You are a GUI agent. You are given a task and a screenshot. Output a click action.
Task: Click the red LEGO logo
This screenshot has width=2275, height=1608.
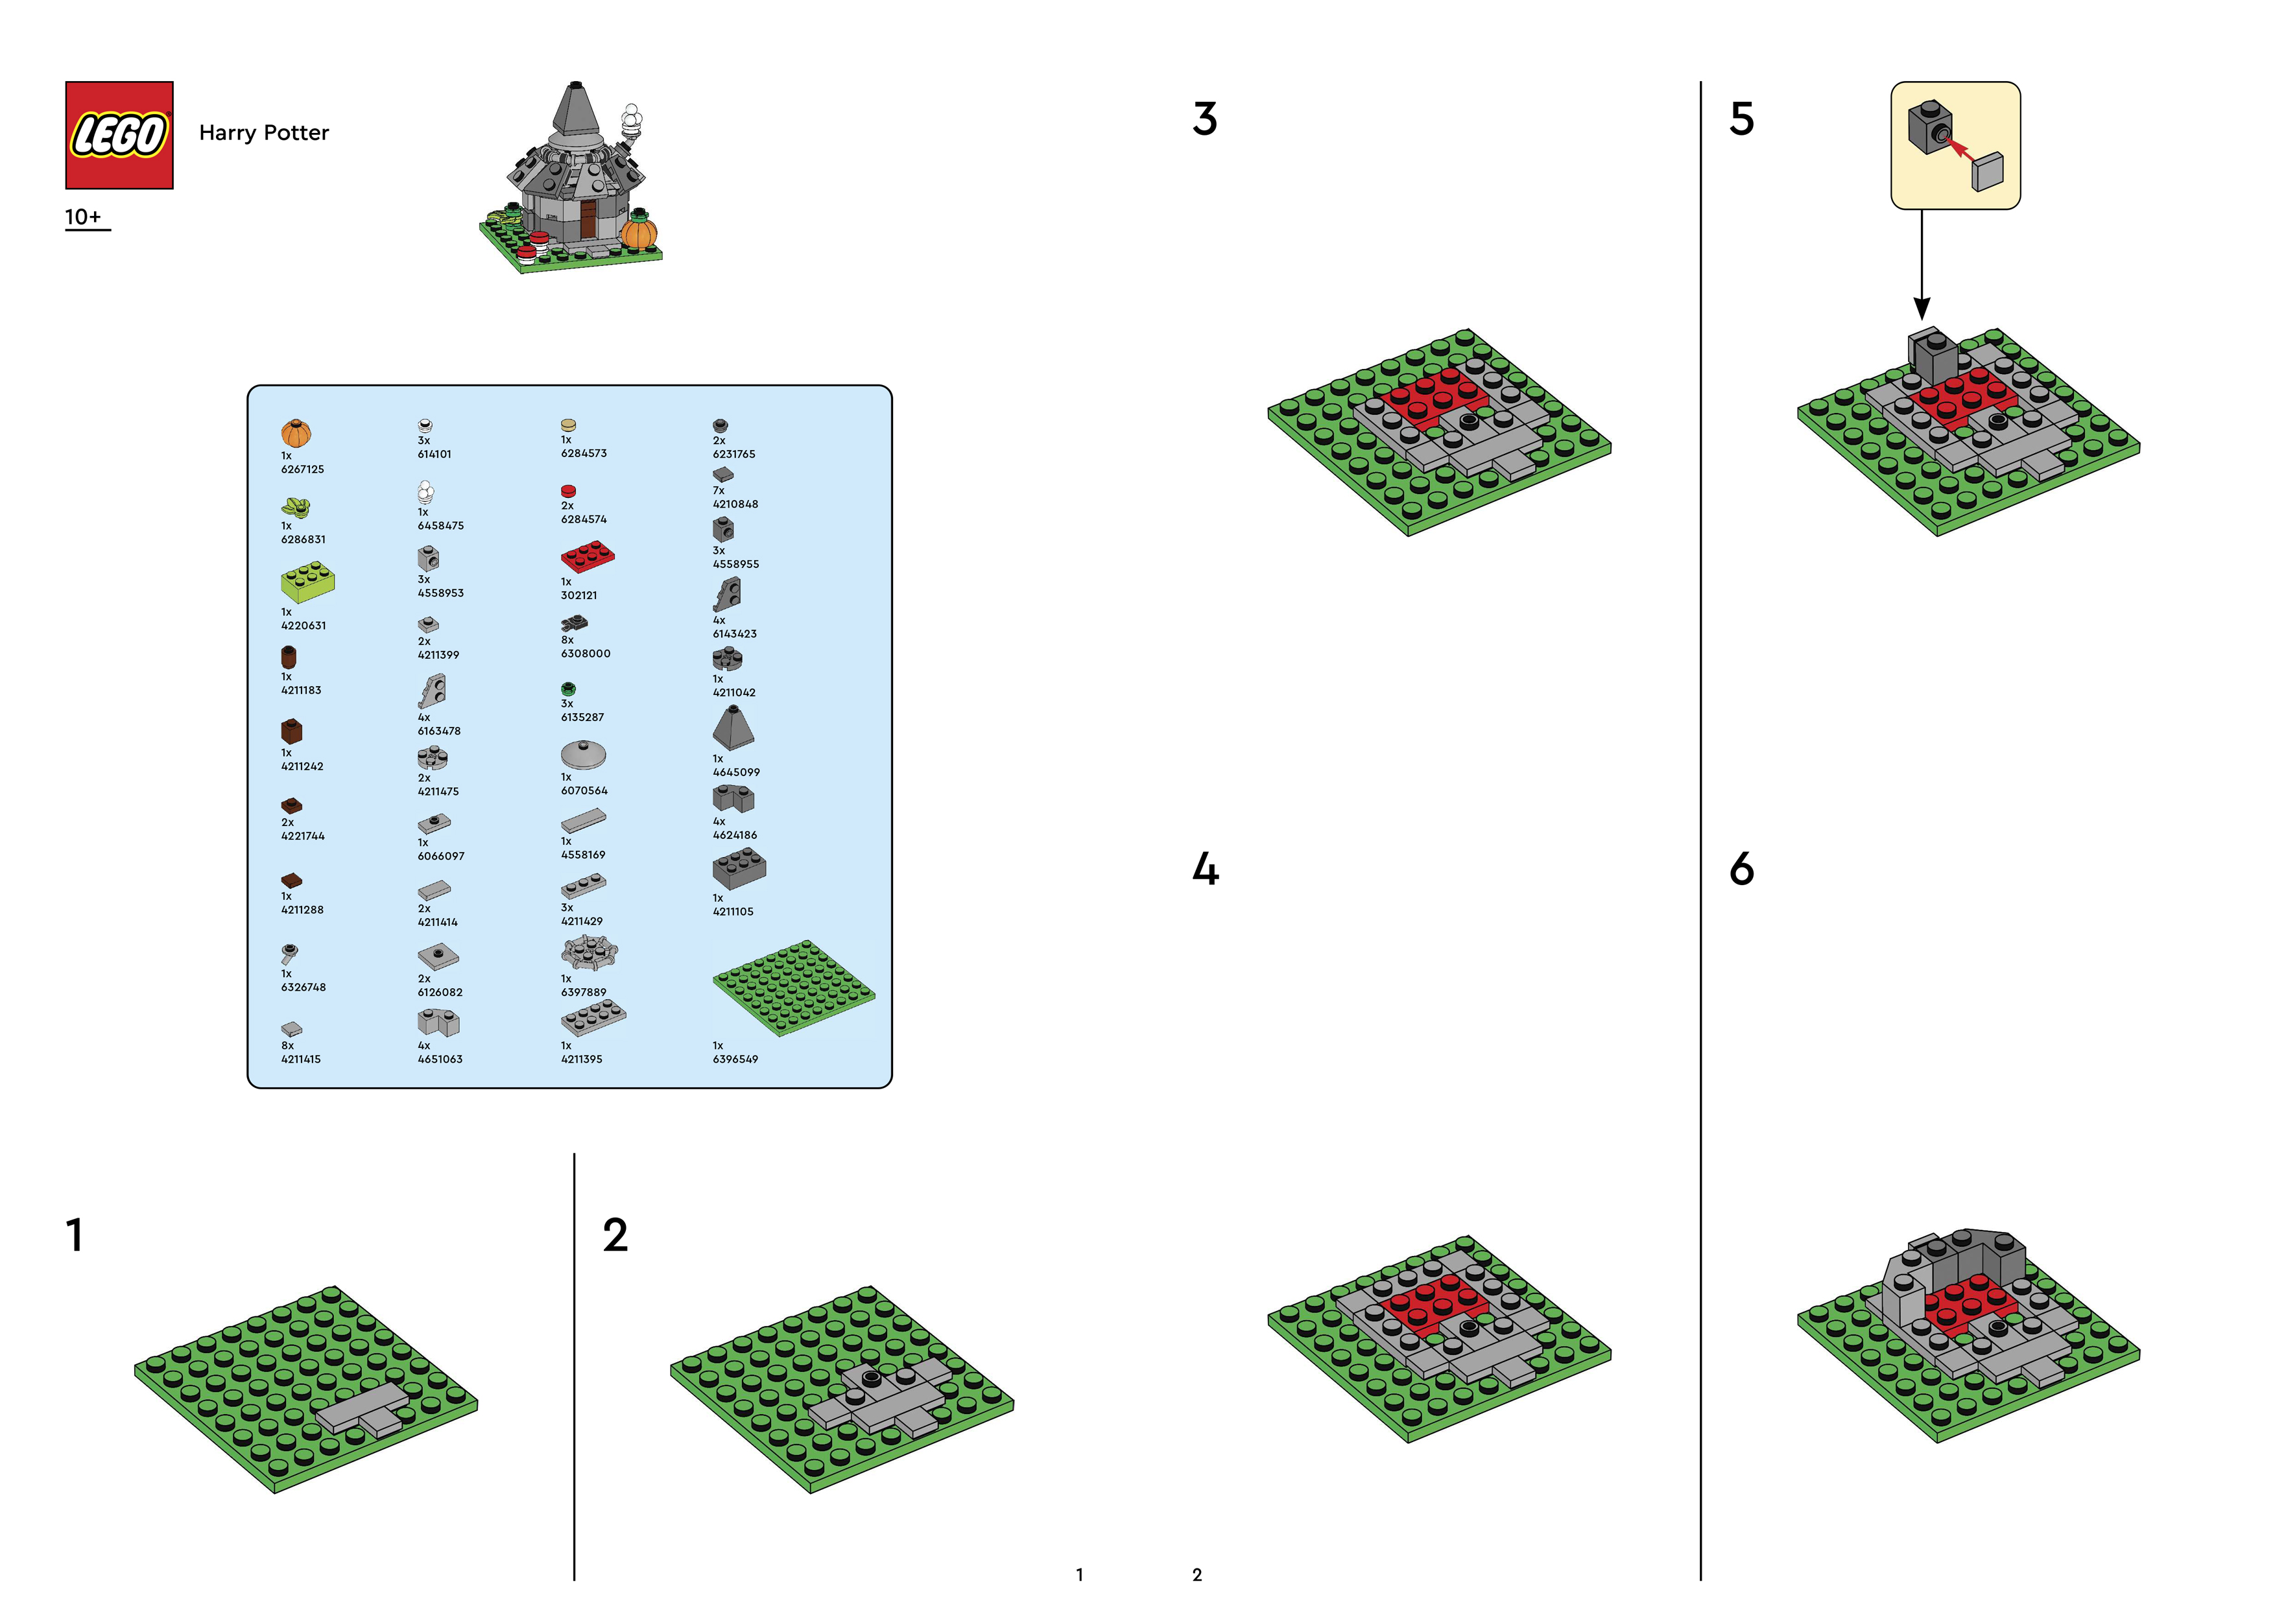tap(119, 135)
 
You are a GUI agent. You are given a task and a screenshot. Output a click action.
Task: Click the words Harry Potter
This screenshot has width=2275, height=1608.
tap(263, 133)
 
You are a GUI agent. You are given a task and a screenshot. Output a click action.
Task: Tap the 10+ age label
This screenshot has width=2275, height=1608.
tap(83, 217)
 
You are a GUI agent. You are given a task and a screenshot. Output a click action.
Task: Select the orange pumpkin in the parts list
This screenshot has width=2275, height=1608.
tap(295, 433)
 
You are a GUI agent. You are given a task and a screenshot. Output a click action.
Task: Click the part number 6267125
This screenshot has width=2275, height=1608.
tap(302, 469)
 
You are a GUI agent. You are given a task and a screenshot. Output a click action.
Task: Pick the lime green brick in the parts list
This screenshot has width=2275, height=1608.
tap(307, 582)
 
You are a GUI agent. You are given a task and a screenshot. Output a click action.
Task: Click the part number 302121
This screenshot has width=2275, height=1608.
tap(578, 595)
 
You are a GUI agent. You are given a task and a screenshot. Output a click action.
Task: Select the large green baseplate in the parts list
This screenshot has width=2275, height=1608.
tap(794, 987)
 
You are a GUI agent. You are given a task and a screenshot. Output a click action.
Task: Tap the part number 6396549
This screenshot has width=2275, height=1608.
tap(735, 1059)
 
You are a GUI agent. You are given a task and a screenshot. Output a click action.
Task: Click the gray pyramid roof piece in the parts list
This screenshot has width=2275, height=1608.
tap(733, 727)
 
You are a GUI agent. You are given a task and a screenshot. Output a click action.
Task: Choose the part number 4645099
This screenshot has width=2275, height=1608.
tap(736, 772)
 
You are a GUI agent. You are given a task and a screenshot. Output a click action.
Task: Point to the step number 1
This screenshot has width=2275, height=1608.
tap(75, 1235)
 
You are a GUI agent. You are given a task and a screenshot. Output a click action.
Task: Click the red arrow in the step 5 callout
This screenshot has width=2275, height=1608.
tap(1958, 150)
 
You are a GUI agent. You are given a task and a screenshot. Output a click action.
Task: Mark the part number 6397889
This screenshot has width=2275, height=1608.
tap(584, 992)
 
